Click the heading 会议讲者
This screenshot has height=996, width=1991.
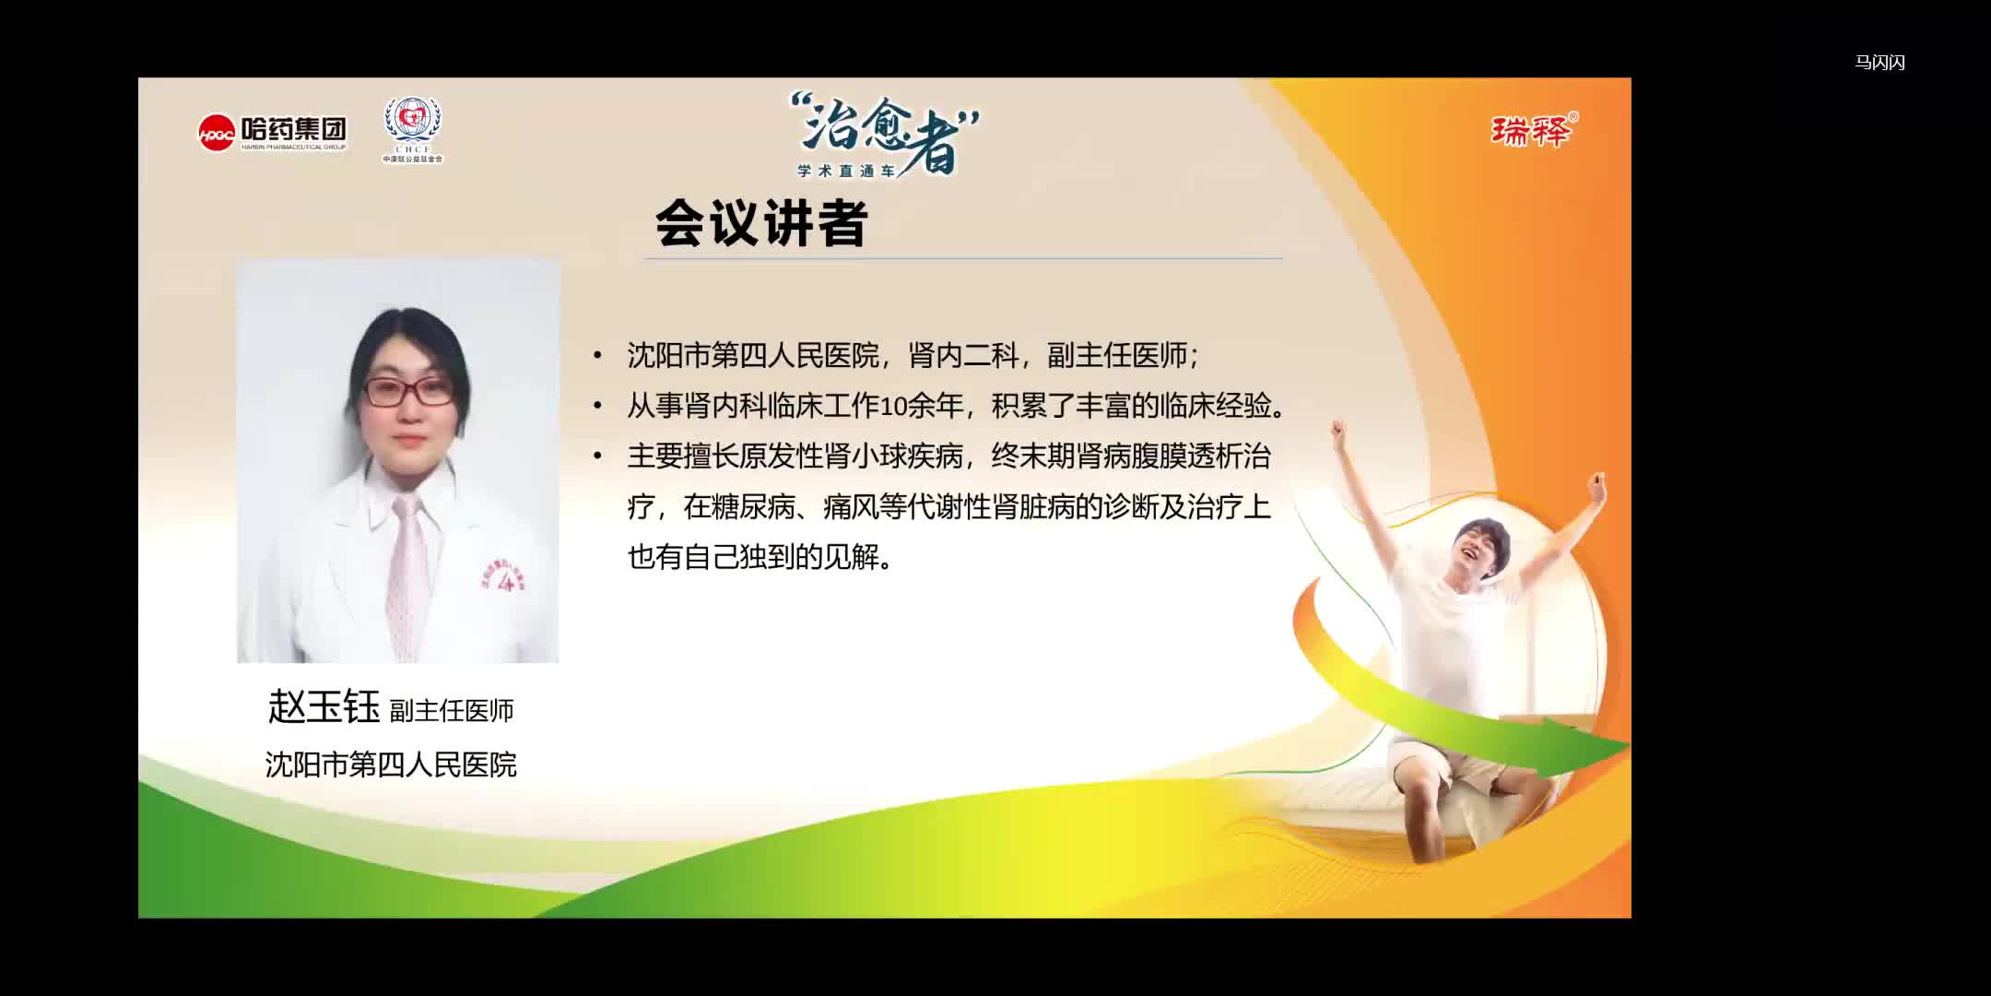pos(761,224)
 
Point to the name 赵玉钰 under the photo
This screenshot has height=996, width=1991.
pos(324,707)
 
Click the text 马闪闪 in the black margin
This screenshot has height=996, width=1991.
pos(1879,63)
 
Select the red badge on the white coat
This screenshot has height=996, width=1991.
pos(501,579)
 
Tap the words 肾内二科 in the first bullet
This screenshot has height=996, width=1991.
pos(962,356)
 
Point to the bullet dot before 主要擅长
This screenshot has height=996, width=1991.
pos(598,456)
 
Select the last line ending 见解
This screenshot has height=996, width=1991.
pos(760,557)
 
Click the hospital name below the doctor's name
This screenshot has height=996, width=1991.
pos(391,765)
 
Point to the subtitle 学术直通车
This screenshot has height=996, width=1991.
pos(847,172)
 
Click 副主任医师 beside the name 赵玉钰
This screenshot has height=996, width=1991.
pos(452,711)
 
